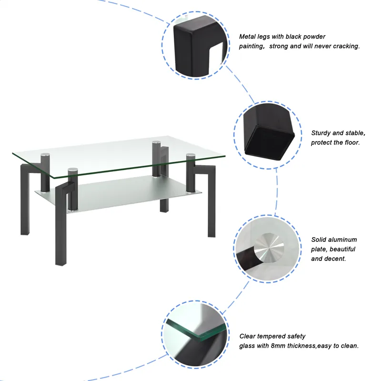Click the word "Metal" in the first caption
point(248,37)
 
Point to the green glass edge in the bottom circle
point(190,331)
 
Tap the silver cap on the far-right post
point(191,155)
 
